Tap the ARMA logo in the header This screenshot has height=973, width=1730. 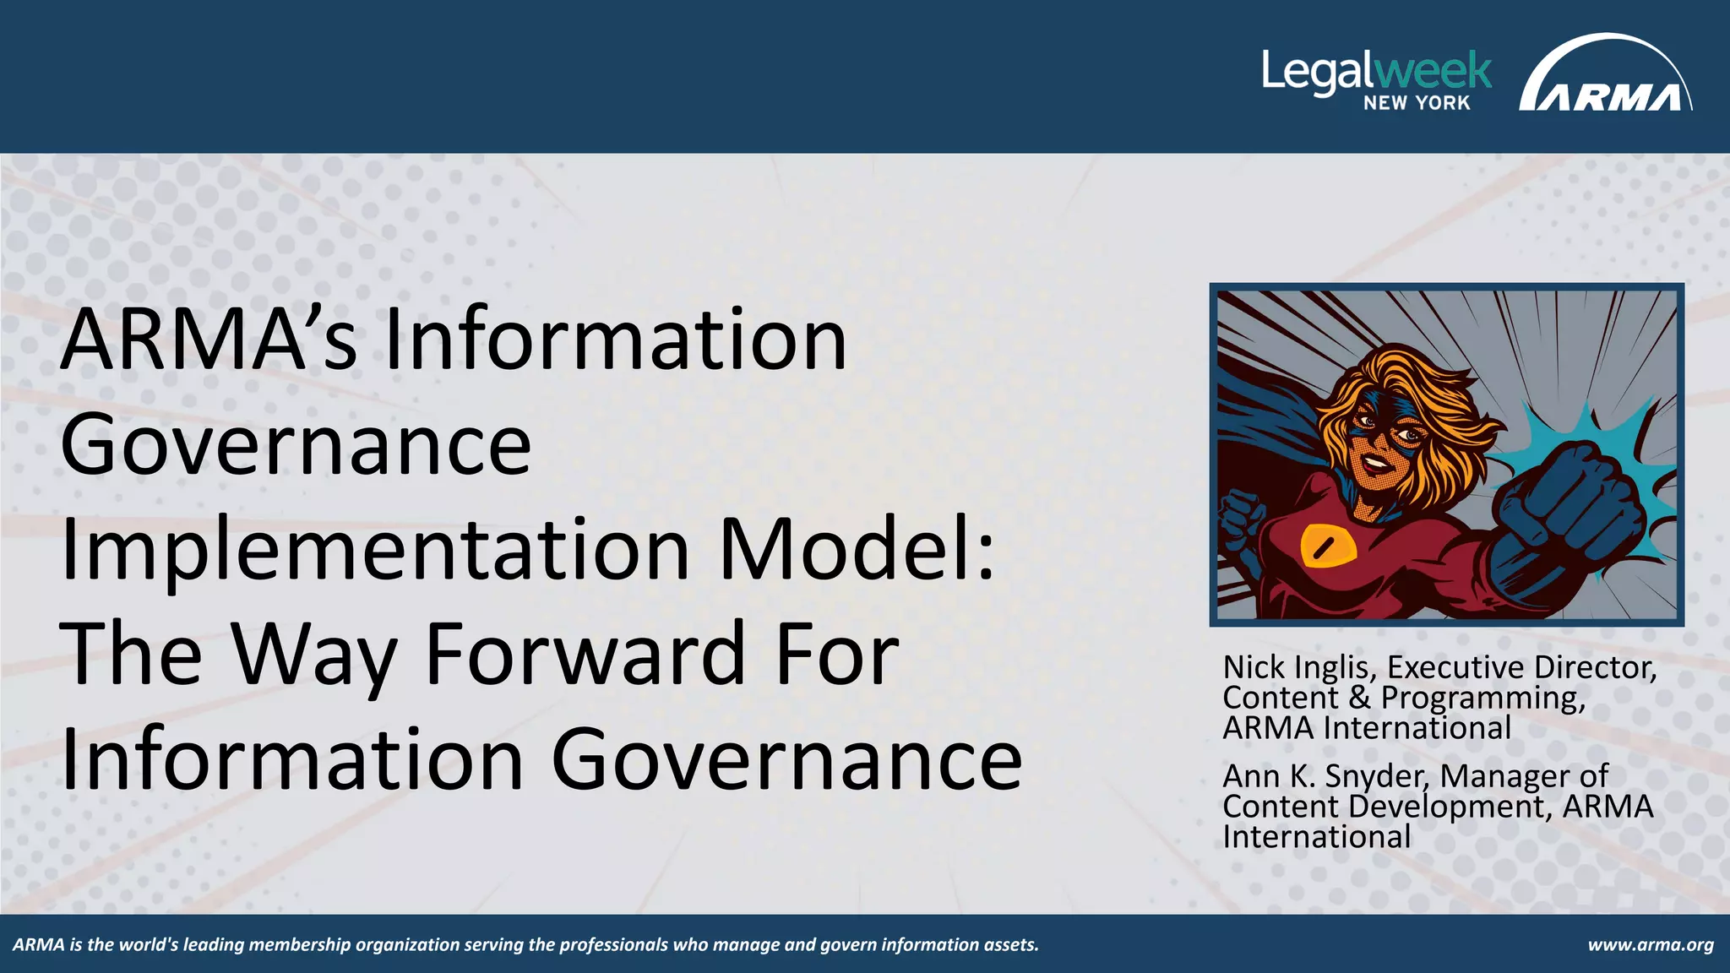[1605, 76]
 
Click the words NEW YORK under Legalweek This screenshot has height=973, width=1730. [1417, 103]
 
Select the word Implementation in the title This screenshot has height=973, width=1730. [374, 550]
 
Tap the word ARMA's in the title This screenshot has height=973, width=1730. [208, 340]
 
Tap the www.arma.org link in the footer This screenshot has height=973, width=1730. [1651, 944]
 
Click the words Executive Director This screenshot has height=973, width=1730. [1521, 667]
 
